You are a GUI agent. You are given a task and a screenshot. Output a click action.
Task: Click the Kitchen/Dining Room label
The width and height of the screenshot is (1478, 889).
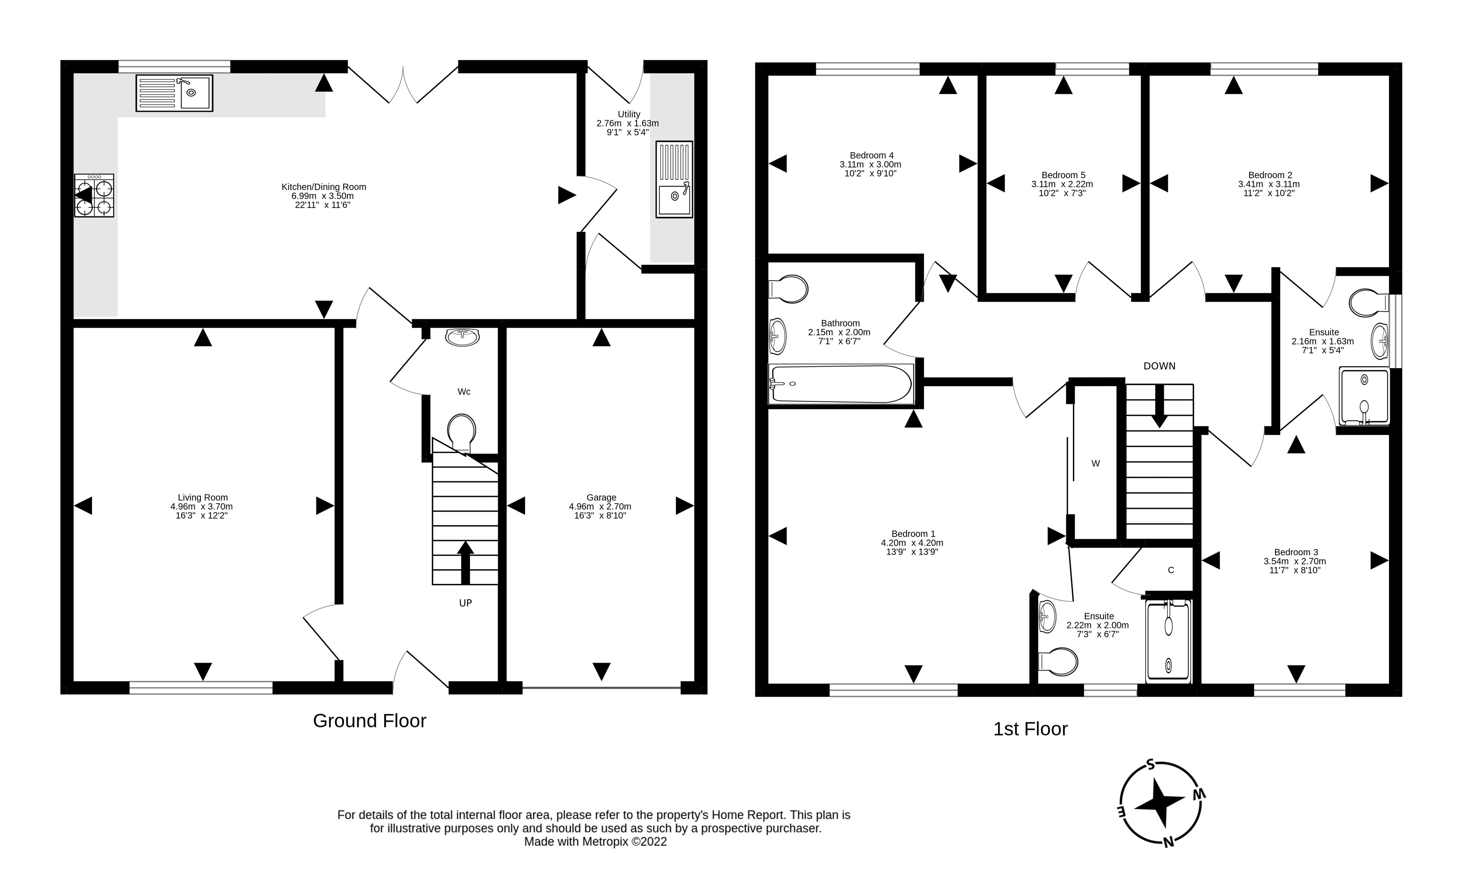point(323,196)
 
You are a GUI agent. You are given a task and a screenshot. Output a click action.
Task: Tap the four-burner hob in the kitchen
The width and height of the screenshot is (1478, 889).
point(94,195)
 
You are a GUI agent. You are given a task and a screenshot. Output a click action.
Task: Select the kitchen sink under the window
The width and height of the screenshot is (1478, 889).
point(174,93)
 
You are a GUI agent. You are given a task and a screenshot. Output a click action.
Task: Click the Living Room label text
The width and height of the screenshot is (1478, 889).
point(202,506)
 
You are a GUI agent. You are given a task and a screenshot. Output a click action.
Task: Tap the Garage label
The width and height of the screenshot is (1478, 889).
point(601,506)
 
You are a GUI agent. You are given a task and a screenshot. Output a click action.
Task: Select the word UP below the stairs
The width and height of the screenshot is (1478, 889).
point(466,603)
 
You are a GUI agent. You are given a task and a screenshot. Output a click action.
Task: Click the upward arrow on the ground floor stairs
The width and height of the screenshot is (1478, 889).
point(465,562)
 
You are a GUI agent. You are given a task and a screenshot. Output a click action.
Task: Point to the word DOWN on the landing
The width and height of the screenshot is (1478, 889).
point(1159,366)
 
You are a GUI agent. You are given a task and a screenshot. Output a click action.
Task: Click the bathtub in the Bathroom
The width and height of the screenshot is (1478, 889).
point(841,384)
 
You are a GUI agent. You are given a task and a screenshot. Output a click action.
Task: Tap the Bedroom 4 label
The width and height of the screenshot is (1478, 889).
point(871,164)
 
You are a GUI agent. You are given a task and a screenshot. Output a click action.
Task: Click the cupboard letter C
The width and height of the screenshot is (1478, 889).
point(1171,570)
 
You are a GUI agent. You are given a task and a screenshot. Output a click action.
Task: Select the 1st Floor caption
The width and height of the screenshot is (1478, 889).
point(1030,729)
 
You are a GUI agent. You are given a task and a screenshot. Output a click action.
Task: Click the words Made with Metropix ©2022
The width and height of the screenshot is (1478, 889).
point(595,842)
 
